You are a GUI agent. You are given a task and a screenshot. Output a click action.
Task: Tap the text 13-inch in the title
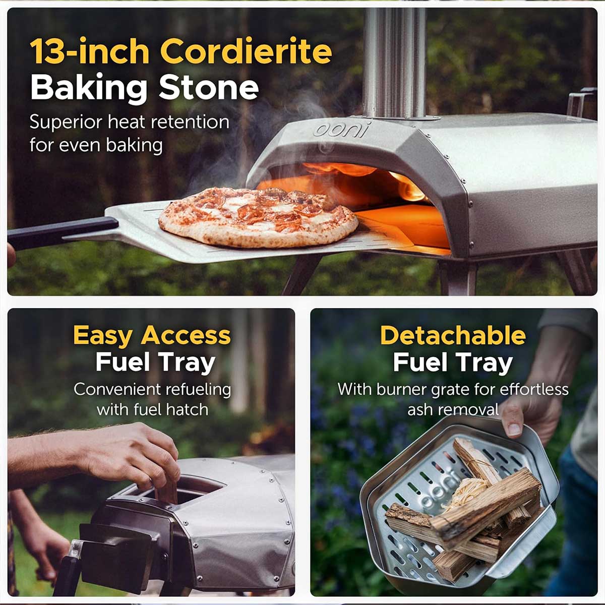point(90,51)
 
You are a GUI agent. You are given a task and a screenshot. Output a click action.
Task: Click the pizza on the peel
point(258,216)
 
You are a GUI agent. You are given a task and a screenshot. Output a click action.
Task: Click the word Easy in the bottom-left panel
point(103,336)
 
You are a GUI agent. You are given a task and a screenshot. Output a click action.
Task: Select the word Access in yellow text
point(186,335)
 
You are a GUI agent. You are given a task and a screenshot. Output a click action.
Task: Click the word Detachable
point(453,335)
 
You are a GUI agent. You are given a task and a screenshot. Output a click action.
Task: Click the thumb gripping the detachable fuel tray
point(513,421)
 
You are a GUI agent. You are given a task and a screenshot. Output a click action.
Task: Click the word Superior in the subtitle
point(66,123)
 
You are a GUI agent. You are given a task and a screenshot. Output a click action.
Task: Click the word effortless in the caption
point(534,389)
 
